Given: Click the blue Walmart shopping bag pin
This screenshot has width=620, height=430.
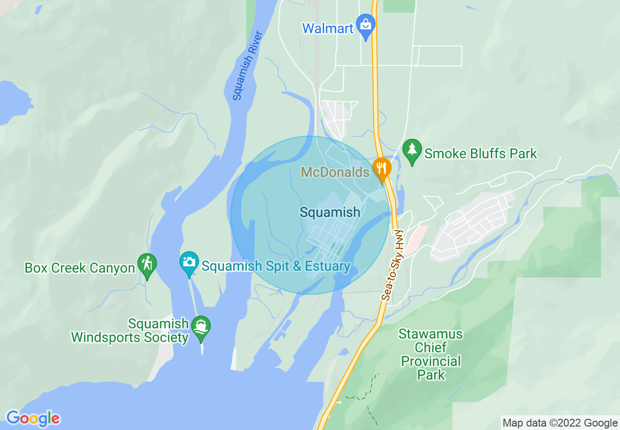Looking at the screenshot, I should pyautogui.click(x=365, y=24).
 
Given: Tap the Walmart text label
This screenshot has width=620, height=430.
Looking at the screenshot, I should pyautogui.click(x=327, y=28).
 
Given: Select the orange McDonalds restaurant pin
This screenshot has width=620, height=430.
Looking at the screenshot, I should pyautogui.click(x=381, y=169).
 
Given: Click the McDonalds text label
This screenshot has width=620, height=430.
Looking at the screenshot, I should pyautogui.click(x=335, y=172).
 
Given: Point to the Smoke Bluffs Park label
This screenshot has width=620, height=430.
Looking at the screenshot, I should pyautogui.click(x=481, y=154).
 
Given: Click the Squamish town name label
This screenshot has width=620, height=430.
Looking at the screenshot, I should pyautogui.click(x=330, y=212).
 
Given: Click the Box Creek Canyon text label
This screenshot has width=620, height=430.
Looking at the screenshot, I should pyautogui.click(x=79, y=268).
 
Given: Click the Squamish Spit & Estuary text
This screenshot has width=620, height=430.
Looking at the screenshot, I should pyautogui.click(x=276, y=266).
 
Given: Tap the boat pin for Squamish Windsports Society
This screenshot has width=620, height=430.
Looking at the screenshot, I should pyautogui.click(x=201, y=327).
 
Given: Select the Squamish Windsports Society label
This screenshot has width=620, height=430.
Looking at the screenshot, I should pyautogui.click(x=130, y=331).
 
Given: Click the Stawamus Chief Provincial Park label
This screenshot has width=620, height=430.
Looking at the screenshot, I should pyautogui.click(x=430, y=355).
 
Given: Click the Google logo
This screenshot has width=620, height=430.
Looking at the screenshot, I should pyautogui.click(x=33, y=418).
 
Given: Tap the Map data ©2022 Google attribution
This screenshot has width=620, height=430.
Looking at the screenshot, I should pyautogui.click(x=560, y=423).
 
